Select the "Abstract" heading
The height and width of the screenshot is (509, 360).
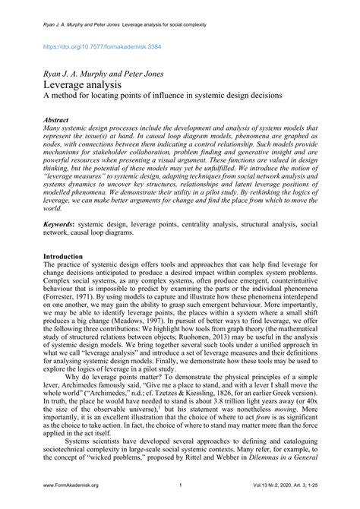[x=57, y=120]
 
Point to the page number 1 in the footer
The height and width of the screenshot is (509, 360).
[x=180, y=485]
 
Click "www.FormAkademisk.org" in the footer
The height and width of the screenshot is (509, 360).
[x=74, y=485]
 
